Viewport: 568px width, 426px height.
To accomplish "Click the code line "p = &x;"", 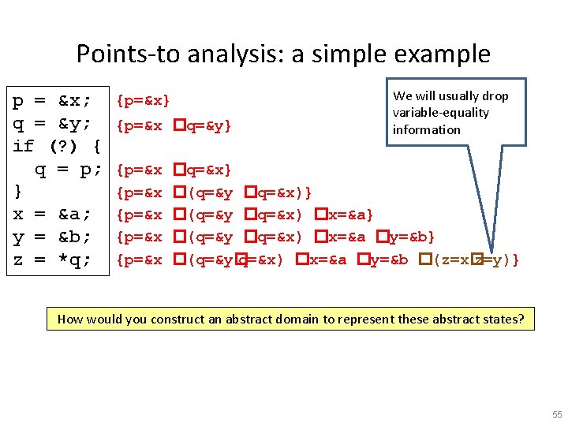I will (x=52, y=101).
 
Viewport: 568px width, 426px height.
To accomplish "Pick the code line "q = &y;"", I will (x=52, y=124).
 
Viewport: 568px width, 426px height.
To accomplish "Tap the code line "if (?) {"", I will (x=58, y=146).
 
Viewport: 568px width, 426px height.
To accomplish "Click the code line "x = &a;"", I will (x=52, y=214).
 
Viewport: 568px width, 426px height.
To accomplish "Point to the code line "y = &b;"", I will (x=52, y=237).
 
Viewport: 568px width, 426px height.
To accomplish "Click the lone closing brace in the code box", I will (x=17, y=192).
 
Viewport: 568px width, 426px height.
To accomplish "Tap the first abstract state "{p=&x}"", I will (x=143, y=101).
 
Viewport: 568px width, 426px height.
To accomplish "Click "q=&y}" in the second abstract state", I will (x=208, y=125).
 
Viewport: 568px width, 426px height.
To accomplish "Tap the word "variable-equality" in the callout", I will (x=441, y=113).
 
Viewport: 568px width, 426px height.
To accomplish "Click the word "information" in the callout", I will (x=427, y=129).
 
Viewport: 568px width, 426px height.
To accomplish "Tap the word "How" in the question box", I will (x=70, y=319).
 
